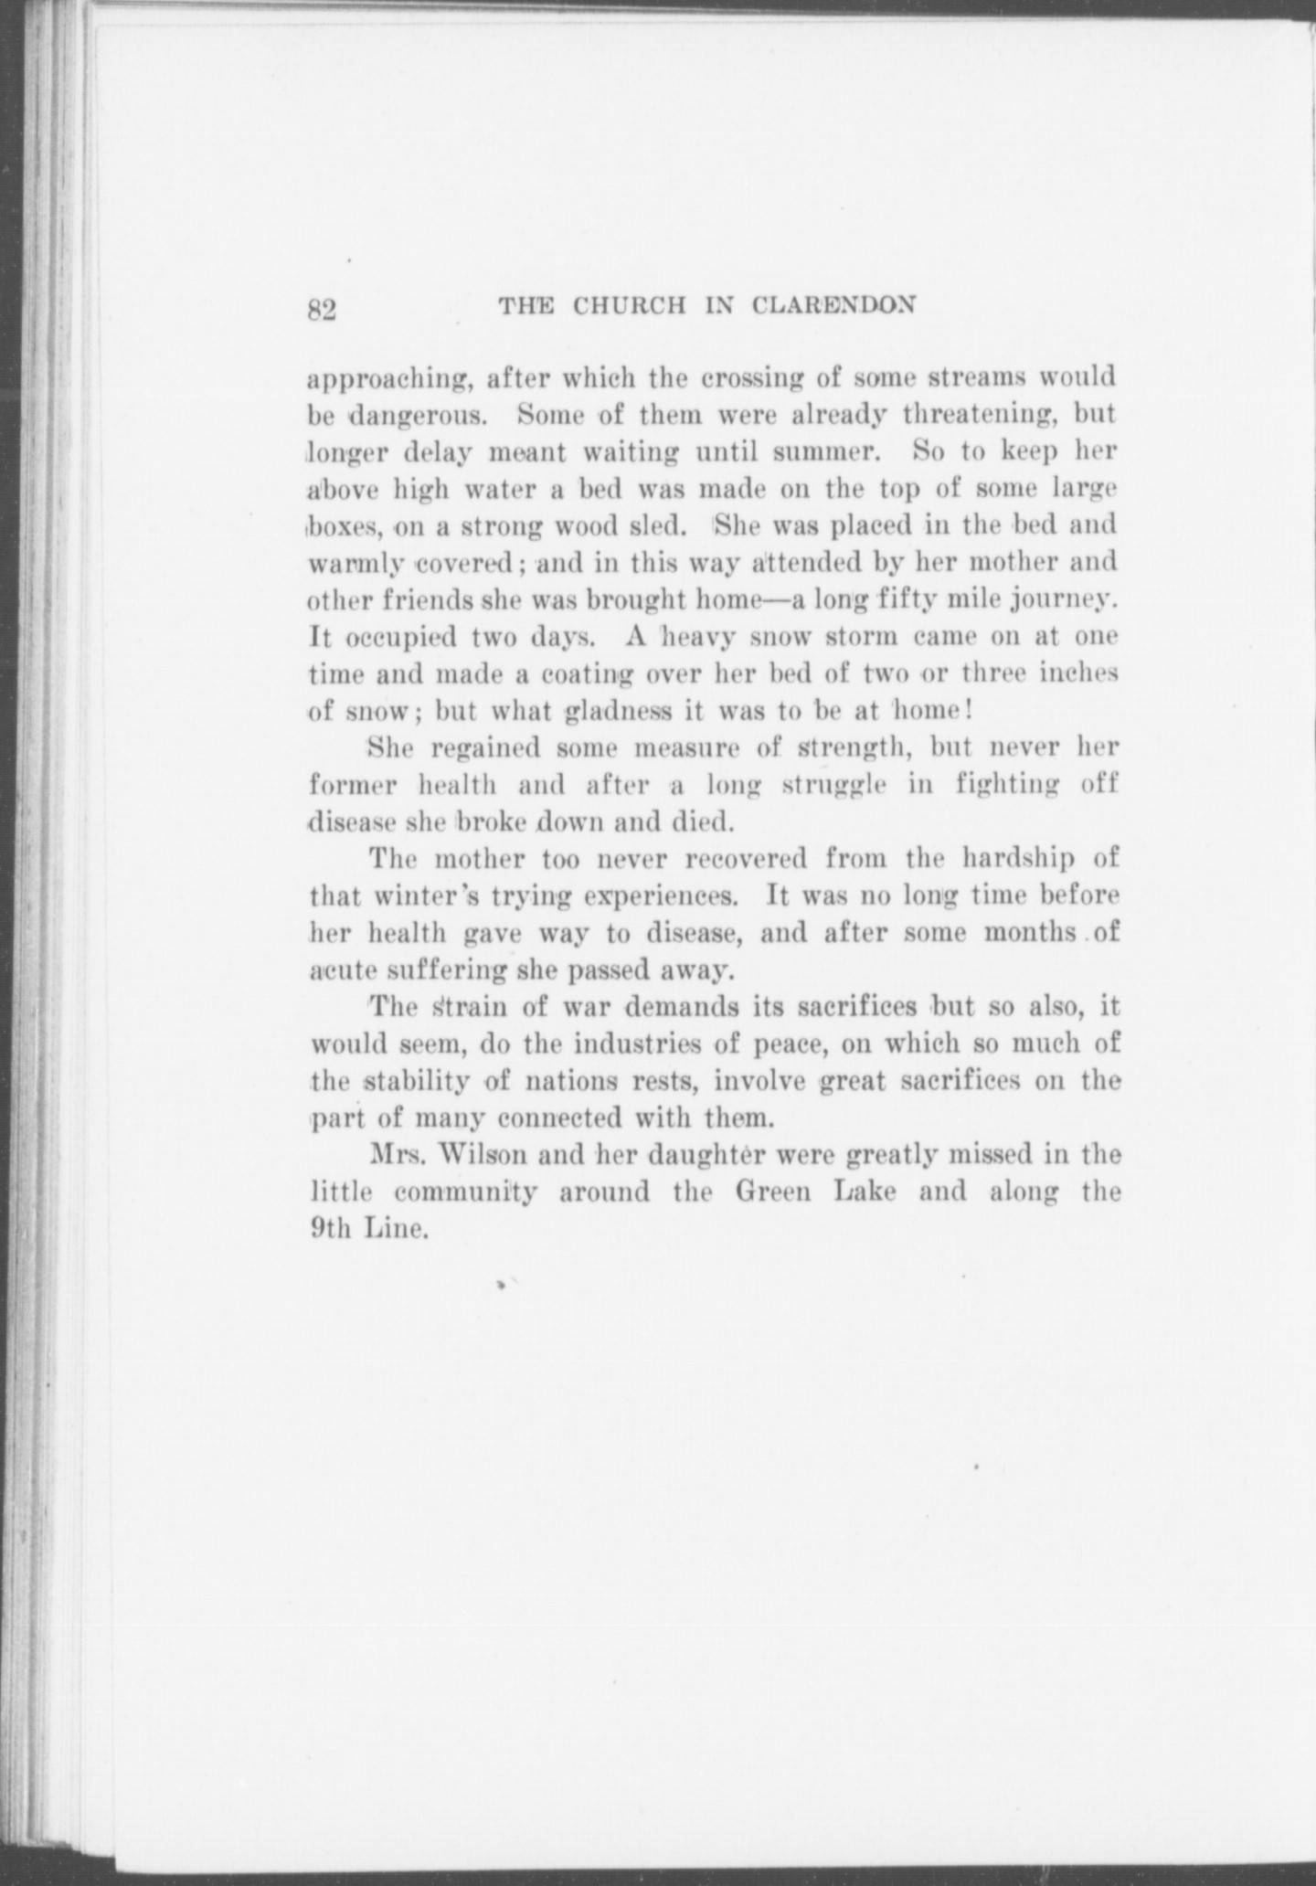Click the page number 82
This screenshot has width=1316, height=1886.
323,310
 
